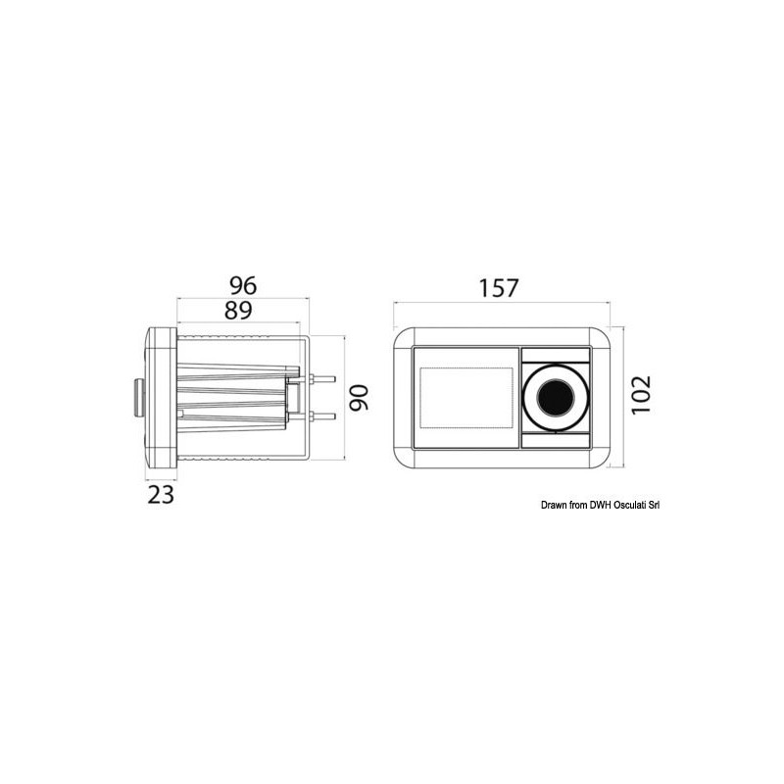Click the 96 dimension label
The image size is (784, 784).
pos(242,285)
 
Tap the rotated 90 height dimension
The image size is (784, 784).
pos(360,397)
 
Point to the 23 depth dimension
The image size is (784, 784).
pos(161,494)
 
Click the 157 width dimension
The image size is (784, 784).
pos(498,288)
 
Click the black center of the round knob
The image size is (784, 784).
pos(555,397)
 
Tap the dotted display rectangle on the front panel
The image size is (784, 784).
pos(466,398)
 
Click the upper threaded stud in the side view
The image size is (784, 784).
pos(322,379)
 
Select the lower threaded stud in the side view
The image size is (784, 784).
pos(322,416)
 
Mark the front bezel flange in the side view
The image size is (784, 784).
pos(162,397)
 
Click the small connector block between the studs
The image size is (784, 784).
pos(292,398)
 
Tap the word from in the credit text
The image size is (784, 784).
pos(578,506)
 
